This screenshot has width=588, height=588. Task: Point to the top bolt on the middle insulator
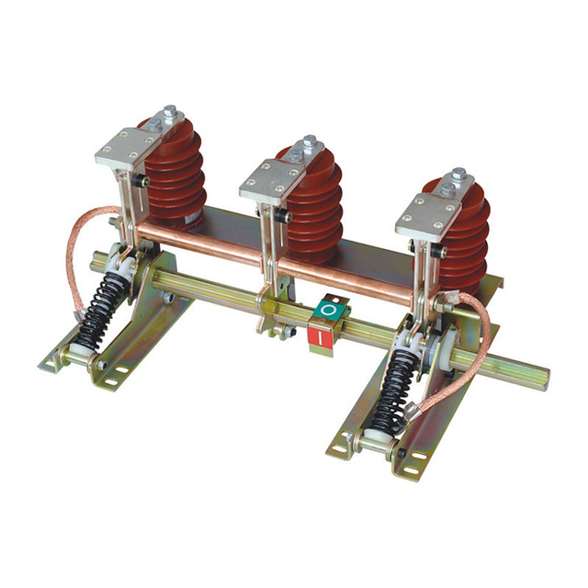click(310, 145)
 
